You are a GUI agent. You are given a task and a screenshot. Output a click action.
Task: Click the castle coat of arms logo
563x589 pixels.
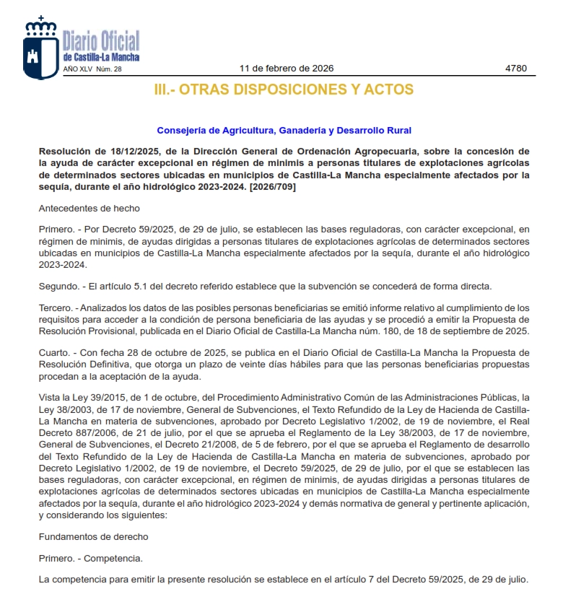click(40, 48)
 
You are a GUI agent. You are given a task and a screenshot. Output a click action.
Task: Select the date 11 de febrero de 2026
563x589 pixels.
click(286, 69)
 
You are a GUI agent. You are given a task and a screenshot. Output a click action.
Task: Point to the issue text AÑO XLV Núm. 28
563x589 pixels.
click(93, 69)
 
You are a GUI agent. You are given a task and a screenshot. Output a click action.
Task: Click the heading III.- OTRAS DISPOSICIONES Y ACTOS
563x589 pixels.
click(284, 90)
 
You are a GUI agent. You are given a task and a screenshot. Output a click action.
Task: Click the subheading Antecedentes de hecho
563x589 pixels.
click(89, 208)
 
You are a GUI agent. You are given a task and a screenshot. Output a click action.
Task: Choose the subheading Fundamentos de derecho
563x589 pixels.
click(93, 536)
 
